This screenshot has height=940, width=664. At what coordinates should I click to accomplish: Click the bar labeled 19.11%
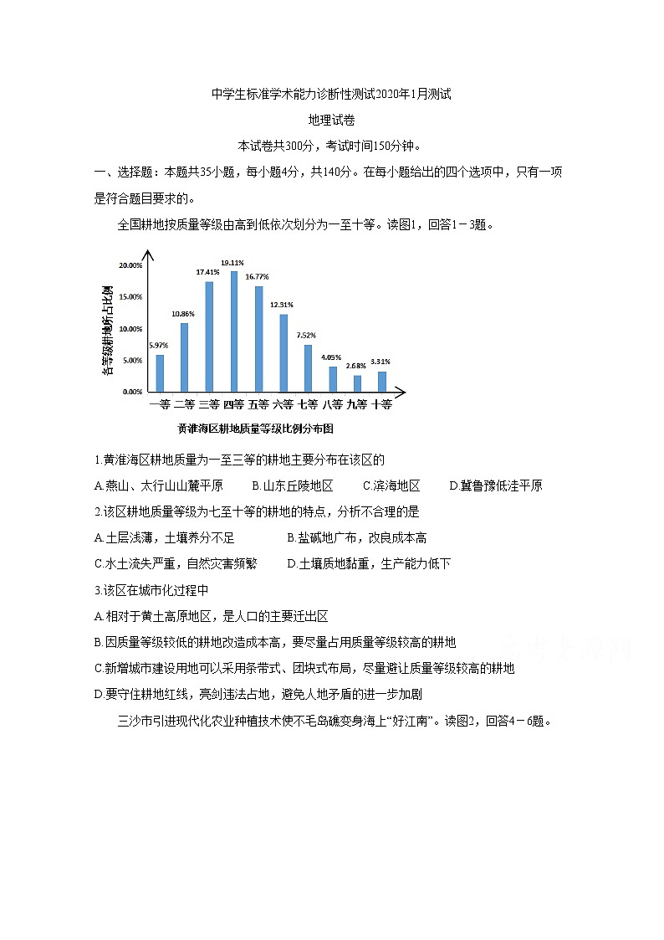tap(234, 331)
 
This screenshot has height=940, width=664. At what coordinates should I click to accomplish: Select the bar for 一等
tap(160, 372)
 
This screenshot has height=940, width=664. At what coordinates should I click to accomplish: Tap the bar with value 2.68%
tap(357, 383)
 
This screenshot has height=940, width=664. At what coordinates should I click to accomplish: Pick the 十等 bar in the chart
tap(382, 381)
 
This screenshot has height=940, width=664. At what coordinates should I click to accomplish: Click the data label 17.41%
tap(208, 272)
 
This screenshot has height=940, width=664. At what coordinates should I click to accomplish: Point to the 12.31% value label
tap(282, 305)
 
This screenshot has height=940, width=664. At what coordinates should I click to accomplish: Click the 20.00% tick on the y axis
tap(130, 265)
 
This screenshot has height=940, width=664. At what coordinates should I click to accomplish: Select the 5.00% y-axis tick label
tap(132, 361)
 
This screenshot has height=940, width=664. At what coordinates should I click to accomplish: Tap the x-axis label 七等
tap(308, 404)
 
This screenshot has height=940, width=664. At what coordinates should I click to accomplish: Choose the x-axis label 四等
tap(233, 404)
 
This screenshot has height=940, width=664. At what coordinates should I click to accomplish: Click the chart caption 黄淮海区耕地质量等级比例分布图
tap(255, 428)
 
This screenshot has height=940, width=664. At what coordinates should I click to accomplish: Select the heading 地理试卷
tap(332, 120)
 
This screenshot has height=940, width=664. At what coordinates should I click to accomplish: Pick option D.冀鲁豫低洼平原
tap(495, 485)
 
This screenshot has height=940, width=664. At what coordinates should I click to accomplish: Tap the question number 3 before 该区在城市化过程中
tap(98, 590)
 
